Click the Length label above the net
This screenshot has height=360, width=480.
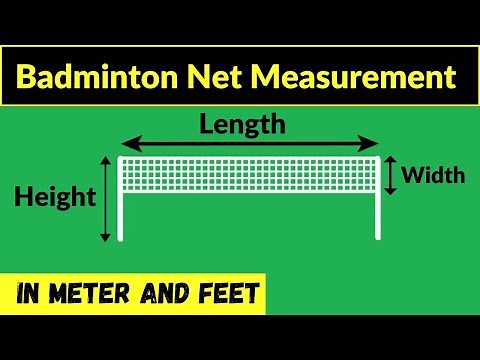(x=242, y=125)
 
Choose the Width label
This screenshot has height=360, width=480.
(x=433, y=176)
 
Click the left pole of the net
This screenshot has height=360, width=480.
(x=121, y=210)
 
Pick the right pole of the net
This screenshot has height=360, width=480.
(x=378, y=210)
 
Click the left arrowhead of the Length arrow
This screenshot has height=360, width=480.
(x=125, y=144)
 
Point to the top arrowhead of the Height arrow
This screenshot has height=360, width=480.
(x=105, y=160)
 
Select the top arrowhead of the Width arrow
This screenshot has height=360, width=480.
(x=391, y=160)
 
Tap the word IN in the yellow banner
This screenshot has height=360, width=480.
(x=34, y=295)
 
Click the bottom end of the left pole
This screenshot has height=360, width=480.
(x=121, y=238)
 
